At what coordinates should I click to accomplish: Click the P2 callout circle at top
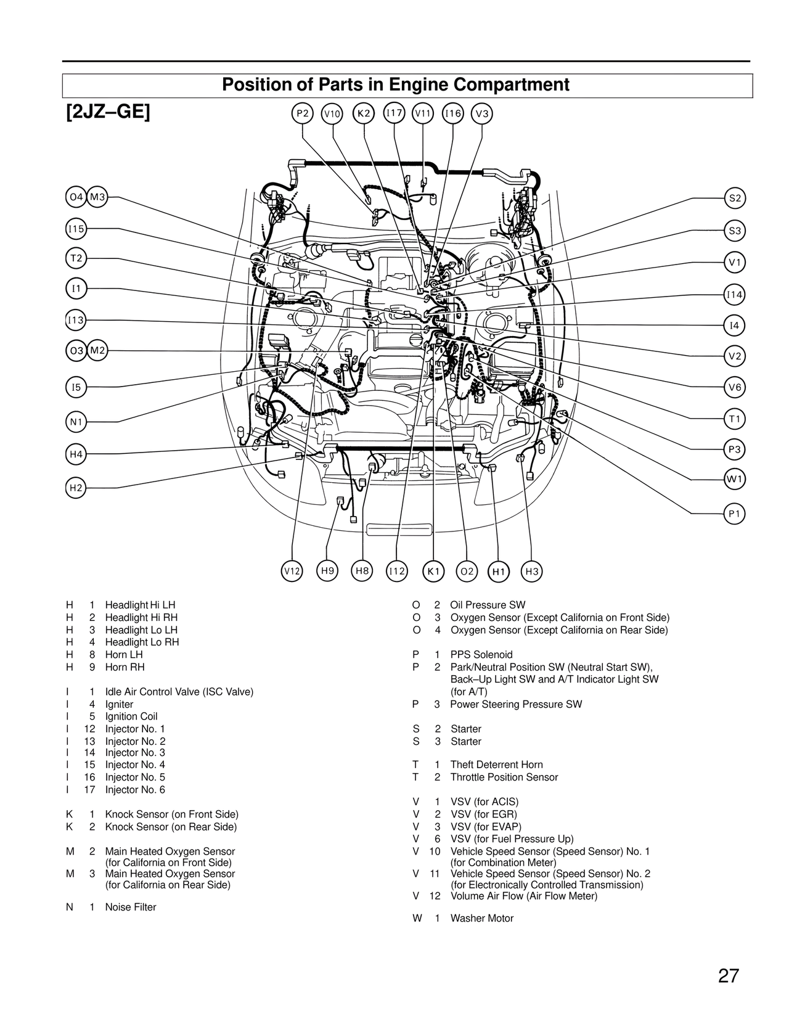(302, 113)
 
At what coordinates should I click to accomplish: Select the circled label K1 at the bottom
(433, 572)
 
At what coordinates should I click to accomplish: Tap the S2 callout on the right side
(735, 199)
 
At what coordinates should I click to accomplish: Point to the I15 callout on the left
(76, 229)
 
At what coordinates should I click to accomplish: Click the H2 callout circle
(76, 488)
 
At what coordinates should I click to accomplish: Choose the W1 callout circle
(735, 479)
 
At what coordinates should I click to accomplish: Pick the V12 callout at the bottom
(292, 572)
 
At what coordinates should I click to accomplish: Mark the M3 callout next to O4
(97, 197)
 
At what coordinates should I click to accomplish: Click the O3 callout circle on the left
(76, 351)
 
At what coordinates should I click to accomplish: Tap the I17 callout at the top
(393, 113)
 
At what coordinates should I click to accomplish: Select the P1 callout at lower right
(735, 514)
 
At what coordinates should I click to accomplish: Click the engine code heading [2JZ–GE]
(108, 113)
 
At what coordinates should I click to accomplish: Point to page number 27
(728, 976)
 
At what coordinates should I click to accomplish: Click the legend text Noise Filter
(130, 907)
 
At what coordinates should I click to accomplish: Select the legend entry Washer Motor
(481, 918)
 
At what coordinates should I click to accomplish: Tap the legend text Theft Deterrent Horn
(496, 765)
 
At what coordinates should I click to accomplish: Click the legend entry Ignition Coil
(131, 716)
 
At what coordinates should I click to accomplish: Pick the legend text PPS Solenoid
(481, 655)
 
